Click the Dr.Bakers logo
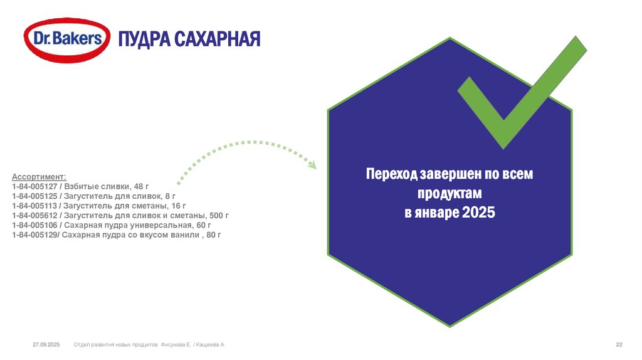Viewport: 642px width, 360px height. click(65, 39)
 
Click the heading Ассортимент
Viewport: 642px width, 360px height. click(38, 177)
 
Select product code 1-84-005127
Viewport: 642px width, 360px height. click(34, 187)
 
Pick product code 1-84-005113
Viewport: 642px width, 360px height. click(34, 206)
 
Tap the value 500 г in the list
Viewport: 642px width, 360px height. click(219, 215)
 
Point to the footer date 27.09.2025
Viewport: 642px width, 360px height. click(45, 346)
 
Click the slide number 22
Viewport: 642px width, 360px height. click(619, 346)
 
